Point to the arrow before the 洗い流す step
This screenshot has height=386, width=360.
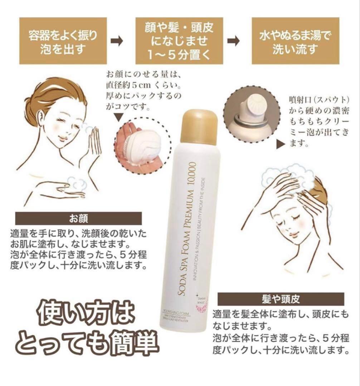234,41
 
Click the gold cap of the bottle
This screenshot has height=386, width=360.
199,125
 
